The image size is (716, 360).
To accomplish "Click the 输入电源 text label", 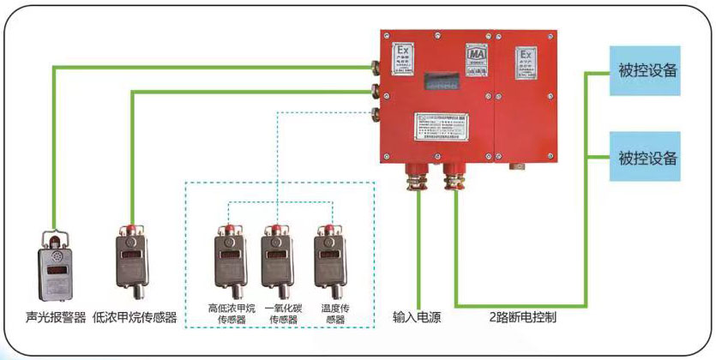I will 417,318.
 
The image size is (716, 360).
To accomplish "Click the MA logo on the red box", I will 477,56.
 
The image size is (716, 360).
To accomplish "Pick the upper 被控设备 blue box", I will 645,70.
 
